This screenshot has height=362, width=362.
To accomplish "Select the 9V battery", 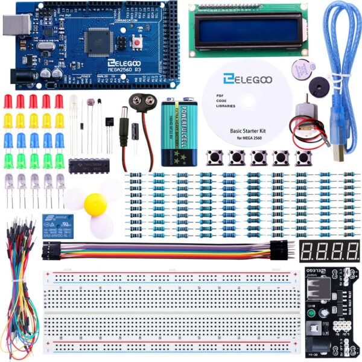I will point(180,132).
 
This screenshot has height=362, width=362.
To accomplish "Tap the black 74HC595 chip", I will point(84,165).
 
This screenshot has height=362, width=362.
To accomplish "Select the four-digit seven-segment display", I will point(329,250).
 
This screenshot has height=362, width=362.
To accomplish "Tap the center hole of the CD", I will point(247,103).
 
